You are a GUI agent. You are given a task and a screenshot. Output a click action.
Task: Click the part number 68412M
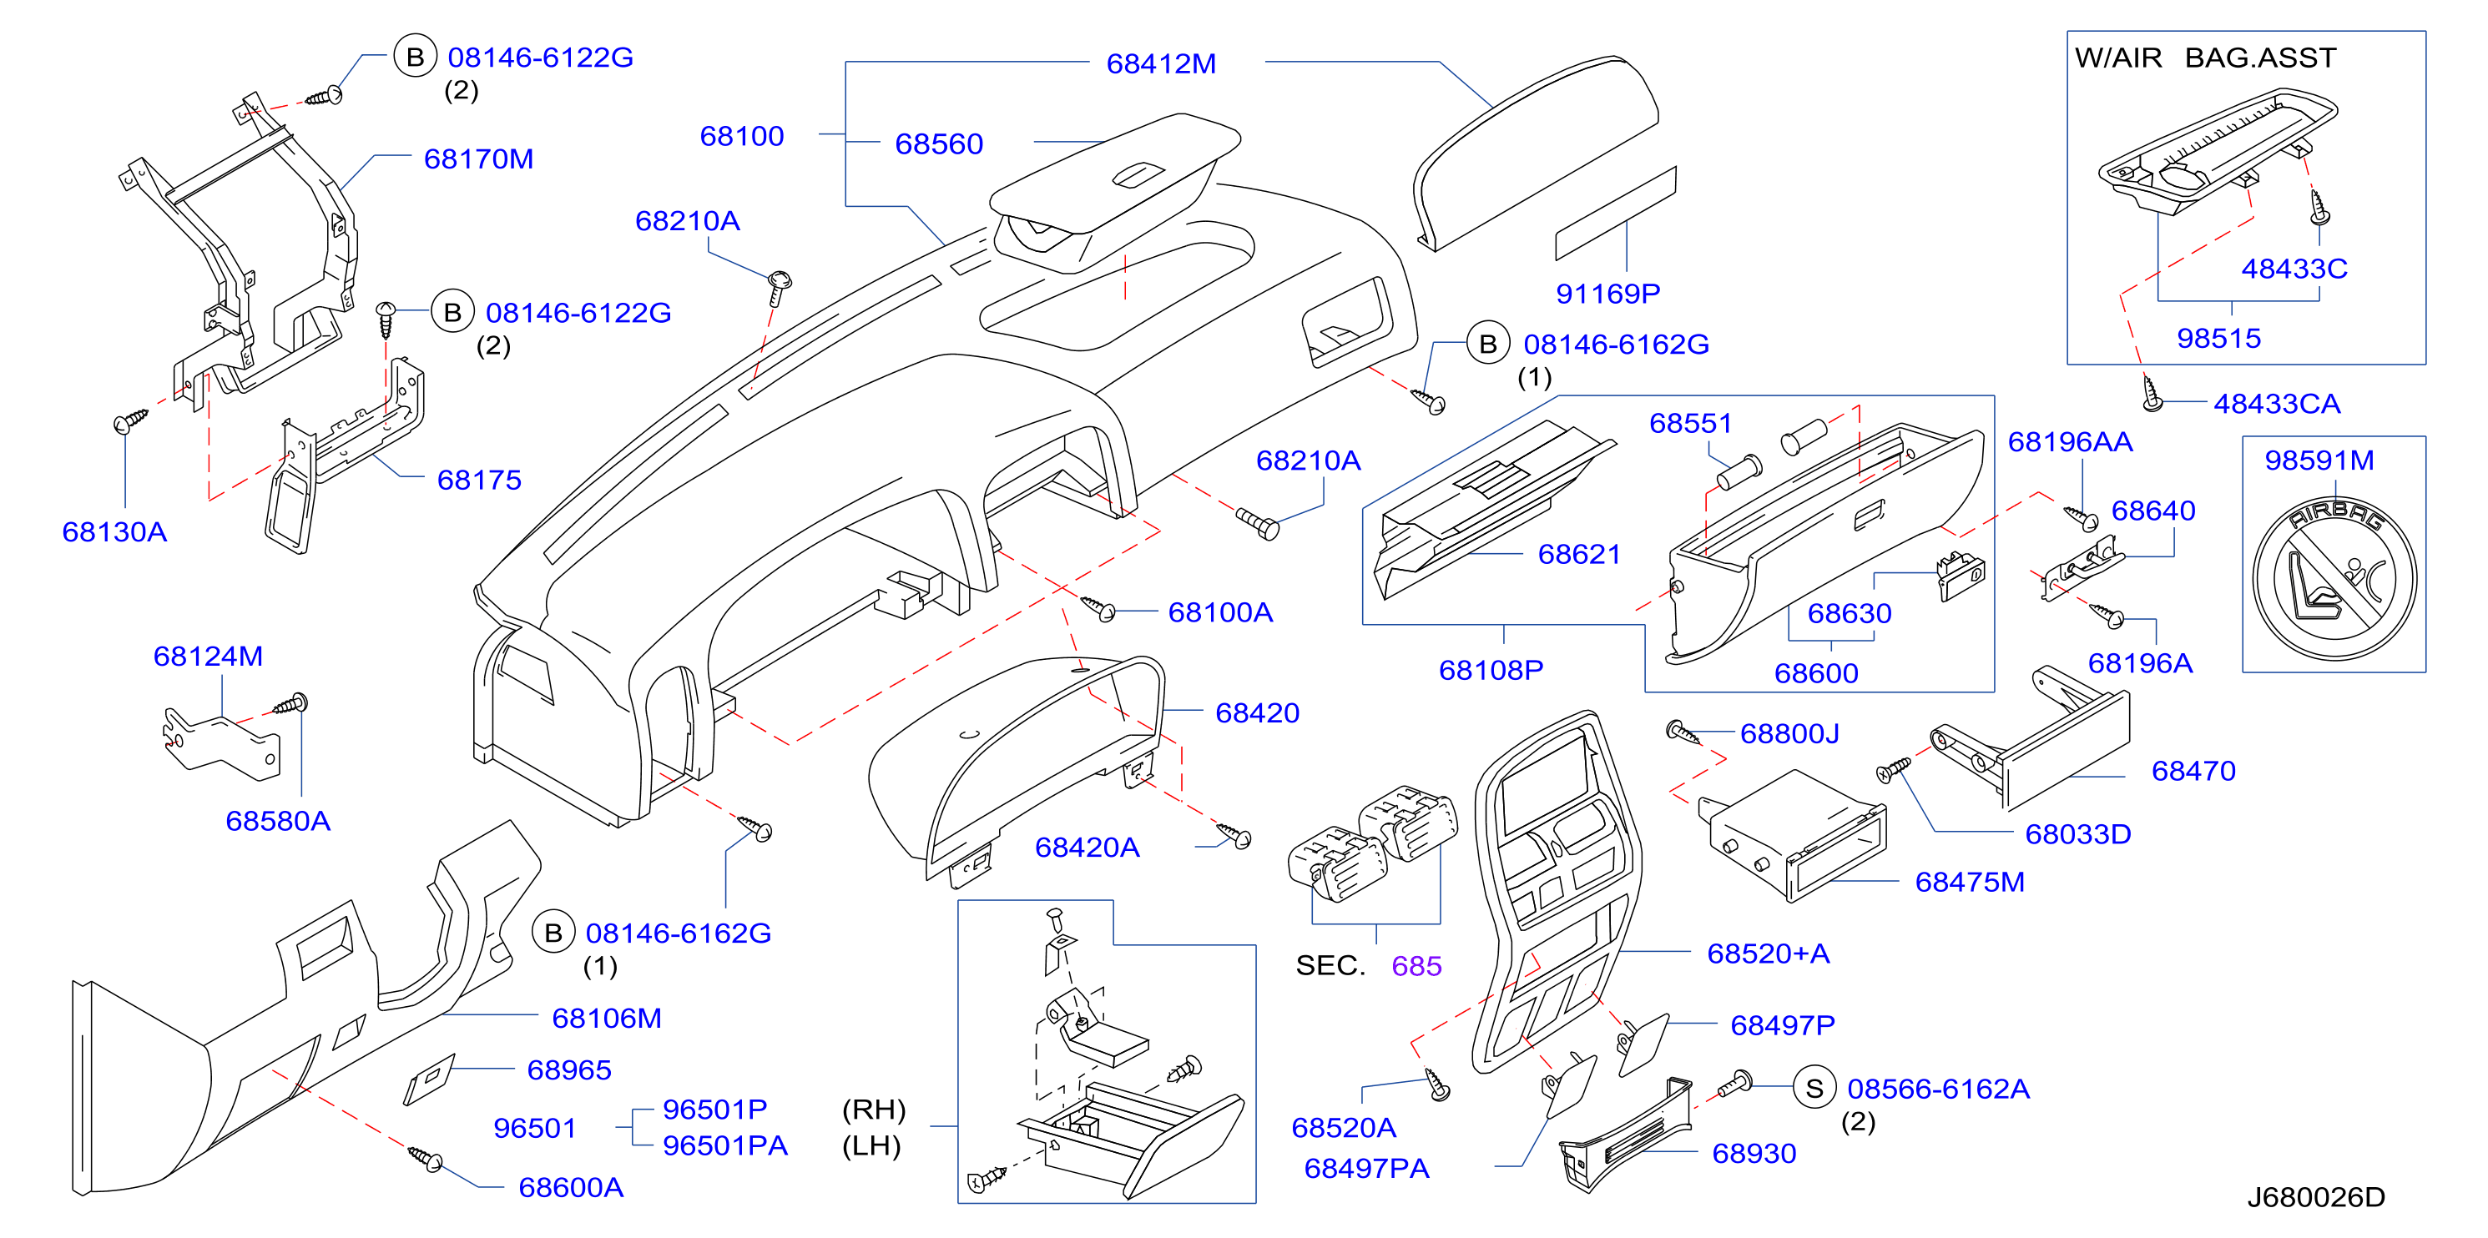coord(1161,63)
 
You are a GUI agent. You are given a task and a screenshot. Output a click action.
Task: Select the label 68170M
coord(478,159)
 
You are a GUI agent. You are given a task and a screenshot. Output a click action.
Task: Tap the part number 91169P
coord(1608,293)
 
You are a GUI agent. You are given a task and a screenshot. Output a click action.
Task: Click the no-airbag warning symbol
coord(2334,580)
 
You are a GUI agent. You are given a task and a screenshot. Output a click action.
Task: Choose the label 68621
coord(1579,554)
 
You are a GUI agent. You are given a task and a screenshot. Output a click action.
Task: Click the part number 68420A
coord(1088,847)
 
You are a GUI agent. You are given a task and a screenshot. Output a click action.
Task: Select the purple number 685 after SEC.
coord(1416,966)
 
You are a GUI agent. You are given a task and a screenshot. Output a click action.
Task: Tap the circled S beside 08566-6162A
coord(1814,1089)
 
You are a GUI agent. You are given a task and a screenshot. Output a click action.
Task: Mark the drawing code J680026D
coord(2316,1197)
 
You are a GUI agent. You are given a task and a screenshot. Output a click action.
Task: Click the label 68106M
coord(607,1018)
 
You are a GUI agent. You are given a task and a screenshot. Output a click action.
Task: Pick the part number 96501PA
coord(725,1145)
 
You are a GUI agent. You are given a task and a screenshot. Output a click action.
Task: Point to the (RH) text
coord(874,1110)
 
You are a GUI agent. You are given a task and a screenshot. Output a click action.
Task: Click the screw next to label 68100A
coord(1098,607)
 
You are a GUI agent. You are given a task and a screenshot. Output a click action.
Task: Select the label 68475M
coord(1971,882)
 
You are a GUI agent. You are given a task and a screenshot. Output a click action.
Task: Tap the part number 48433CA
coord(2278,404)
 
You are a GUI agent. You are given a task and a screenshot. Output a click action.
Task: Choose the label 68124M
coord(209,656)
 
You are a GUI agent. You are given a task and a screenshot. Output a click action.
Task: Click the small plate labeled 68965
coord(428,1079)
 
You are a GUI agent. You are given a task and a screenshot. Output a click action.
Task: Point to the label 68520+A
coord(1769,954)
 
